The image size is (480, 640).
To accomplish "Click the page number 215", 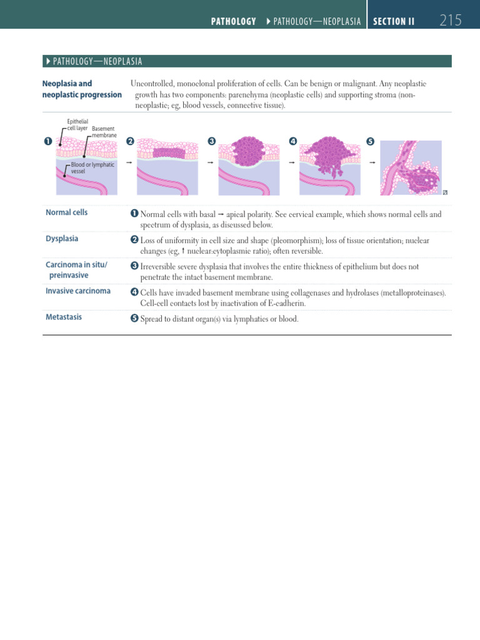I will point(450,21).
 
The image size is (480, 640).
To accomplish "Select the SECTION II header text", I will point(394,21).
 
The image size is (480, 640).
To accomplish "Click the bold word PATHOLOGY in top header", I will point(233,21).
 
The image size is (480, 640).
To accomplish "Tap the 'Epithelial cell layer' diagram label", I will point(77,124).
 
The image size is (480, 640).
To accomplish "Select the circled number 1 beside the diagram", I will point(47,141).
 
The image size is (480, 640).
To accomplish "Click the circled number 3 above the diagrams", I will point(211,141).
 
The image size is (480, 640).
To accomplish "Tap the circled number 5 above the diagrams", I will point(370,141).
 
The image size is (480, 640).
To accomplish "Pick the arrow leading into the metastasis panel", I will point(373,162).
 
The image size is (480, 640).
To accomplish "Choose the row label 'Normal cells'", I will point(66,212).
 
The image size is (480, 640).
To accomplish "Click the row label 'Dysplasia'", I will point(62,239).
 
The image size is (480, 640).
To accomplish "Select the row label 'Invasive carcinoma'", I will point(78,291).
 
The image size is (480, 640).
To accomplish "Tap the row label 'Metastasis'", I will point(64,317).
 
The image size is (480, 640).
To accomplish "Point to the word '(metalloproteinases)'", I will point(409,292).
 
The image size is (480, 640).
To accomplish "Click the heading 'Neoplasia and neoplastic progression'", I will point(81,89).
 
